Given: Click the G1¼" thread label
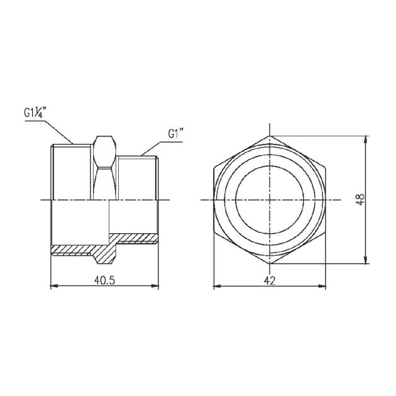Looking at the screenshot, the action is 35,112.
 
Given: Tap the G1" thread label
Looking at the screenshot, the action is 175,134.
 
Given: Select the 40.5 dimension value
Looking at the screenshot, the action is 104,280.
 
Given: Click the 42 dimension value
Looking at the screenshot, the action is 270,280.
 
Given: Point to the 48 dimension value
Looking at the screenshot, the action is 360,199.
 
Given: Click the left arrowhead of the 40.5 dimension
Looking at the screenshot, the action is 55,286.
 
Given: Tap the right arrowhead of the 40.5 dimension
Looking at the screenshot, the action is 155,286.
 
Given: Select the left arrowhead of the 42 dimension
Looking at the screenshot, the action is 217,287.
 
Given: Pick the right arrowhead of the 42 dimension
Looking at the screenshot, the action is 322,287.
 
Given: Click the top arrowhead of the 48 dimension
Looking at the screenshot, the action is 366,140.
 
